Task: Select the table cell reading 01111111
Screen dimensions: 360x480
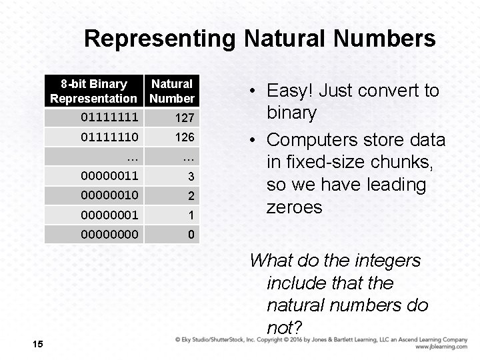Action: click(x=110, y=118)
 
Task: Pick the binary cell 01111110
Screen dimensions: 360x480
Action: click(x=110, y=137)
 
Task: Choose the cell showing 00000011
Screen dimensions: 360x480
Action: click(x=110, y=177)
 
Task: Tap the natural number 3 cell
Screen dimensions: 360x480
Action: click(x=190, y=177)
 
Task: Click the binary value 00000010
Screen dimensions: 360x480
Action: click(x=110, y=196)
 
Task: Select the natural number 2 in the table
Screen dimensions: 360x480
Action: click(x=190, y=196)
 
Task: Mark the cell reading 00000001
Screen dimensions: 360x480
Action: click(x=110, y=215)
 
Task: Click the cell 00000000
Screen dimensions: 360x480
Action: click(x=110, y=235)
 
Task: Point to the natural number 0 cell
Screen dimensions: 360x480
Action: click(x=191, y=235)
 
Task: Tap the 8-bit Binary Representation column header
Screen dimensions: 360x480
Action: click(x=93, y=91)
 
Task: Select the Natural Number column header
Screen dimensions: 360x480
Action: click(x=172, y=91)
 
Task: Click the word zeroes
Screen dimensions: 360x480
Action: click(x=294, y=207)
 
